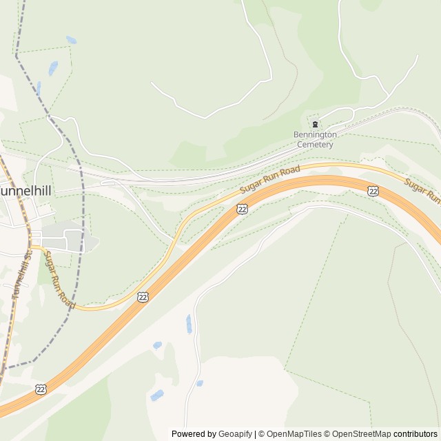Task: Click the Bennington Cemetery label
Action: tap(315, 140)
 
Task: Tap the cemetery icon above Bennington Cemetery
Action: tap(315, 125)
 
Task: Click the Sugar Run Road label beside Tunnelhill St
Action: tap(59, 279)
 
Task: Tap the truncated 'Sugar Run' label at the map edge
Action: tap(422, 190)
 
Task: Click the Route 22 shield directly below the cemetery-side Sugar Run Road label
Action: tap(242, 208)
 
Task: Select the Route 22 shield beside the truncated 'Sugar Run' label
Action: tap(373, 191)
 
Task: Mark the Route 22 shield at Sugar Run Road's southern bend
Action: tap(142, 296)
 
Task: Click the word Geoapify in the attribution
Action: tap(235, 434)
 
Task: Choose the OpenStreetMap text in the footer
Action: tap(361, 434)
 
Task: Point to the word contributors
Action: tap(416, 434)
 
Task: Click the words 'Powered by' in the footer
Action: tap(194, 434)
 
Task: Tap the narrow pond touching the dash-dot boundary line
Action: tap(39, 88)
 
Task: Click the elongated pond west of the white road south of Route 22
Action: tap(189, 324)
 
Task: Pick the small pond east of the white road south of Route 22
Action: tap(200, 383)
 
